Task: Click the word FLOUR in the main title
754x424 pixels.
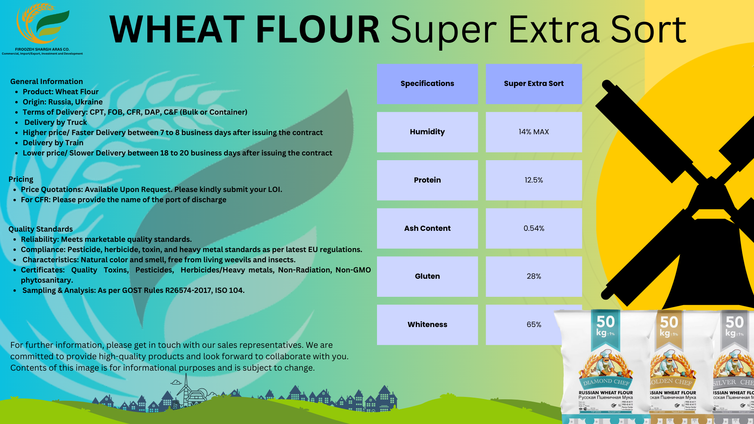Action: pyautogui.click(x=317, y=29)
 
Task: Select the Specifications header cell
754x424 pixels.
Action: pyautogui.click(x=427, y=84)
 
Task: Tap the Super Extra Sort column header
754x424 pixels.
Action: pyautogui.click(x=534, y=84)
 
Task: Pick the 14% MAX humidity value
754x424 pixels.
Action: pyautogui.click(x=534, y=132)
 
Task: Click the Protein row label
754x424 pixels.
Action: pyautogui.click(x=427, y=180)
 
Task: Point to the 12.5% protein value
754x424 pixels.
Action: pyautogui.click(x=534, y=180)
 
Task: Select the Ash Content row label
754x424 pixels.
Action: pyautogui.click(x=427, y=228)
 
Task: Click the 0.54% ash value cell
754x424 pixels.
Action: pyautogui.click(x=534, y=228)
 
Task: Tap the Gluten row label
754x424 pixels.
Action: pyautogui.click(x=427, y=276)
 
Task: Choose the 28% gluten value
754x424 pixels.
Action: pyautogui.click(x=534, y=276)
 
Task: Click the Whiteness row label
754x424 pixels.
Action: pyautogui.click(x=427, y=325)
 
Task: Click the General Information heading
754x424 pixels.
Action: pyautogui.click(x=46, y=82)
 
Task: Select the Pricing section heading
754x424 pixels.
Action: pyautogui.click(x=21, y=179)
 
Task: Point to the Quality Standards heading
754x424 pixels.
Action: pyautogui.click(x=40, y=229)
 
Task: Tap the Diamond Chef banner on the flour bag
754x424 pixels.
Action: pyautogui.click(x=606, y=382)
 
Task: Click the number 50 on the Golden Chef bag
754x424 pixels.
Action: pyautogui.click(x=669, y=322)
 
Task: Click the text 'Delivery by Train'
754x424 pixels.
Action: pyautogui.click(x=53, y=143)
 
